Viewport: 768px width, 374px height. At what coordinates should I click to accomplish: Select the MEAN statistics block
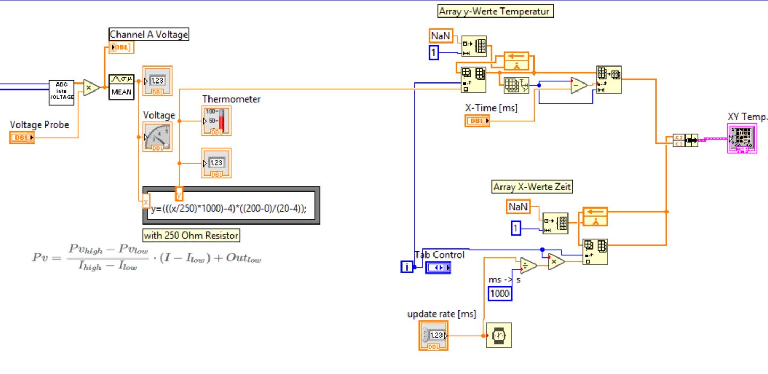pos(121,87)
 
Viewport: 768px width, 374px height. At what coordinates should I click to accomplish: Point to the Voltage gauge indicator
pos(157,137)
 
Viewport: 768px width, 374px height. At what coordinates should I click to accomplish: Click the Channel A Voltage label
pos(149,35)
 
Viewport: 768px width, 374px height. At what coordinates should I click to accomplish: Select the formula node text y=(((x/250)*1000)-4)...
pos(229,209)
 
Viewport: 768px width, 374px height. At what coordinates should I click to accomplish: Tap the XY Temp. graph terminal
pos(741,139)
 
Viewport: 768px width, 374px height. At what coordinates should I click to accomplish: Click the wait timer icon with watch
pos(499,335)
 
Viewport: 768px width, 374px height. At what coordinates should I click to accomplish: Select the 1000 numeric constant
pos(500,293)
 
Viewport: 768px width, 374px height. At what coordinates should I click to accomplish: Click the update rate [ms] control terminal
pos(433,335)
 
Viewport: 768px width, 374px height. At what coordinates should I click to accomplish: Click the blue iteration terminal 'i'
pos(407,267)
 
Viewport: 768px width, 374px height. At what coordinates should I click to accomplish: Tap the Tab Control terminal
pos(439,268)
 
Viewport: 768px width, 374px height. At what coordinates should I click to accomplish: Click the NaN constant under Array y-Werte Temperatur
pos(440,36)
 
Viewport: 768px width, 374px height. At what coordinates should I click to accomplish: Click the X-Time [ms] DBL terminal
pos(477,121)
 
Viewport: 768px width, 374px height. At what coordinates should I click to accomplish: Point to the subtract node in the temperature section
pos(579,85)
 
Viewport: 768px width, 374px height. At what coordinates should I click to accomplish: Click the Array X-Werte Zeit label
pos(533,187)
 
